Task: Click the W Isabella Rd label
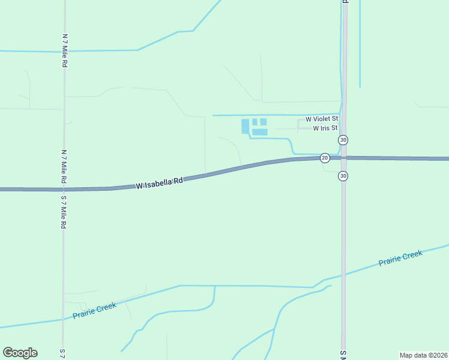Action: pyautogui.click(x=159, y=182)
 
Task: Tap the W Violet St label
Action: pyautogui.click(x=322, y=120)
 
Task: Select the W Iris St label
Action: pyautogui.click(x=325, y=128)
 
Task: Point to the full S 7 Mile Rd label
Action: pyautogui.click(x=63, y=212)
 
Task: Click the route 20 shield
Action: pyautogui.click(x=325, y=158)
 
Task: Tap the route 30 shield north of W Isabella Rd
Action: pyautogui.click(x=343, y=140)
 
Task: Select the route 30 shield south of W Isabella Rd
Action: pyautogui.click(x=343, y=176)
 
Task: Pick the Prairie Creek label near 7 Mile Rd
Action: pyautogui.click(x=94, y=311)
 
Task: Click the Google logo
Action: pyautogui.click(x=20, y=353)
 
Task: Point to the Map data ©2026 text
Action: pyautogui.click(x=423, y=355)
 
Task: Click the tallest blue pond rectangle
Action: pyautogui.click(x=245, y=126)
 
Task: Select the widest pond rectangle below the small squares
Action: pyautogui.click(x=259, y=132)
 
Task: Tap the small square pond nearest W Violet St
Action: pyautogui.click(x=263, y=122)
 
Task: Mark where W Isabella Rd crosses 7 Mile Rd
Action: pyautogui.click(x=64, y=189)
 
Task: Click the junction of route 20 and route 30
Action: pyautogui.click(x=343, y=158)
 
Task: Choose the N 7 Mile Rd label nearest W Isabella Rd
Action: pyautogui.click(x=64, y=167)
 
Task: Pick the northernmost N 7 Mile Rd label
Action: pyautogui.click(x=64, y=50)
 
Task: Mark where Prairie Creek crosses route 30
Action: pyautogui.click(x=343, y=275)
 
